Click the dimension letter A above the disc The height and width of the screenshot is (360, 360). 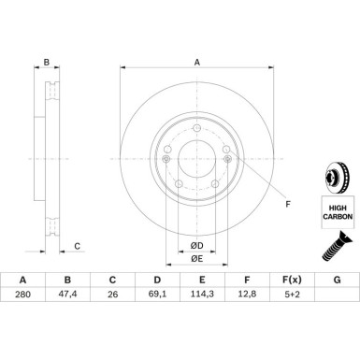(196, 63)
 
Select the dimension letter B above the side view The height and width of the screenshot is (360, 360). (47, 64)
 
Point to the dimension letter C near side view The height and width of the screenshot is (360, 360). (78, 247)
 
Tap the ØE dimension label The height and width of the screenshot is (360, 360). (196, 258)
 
